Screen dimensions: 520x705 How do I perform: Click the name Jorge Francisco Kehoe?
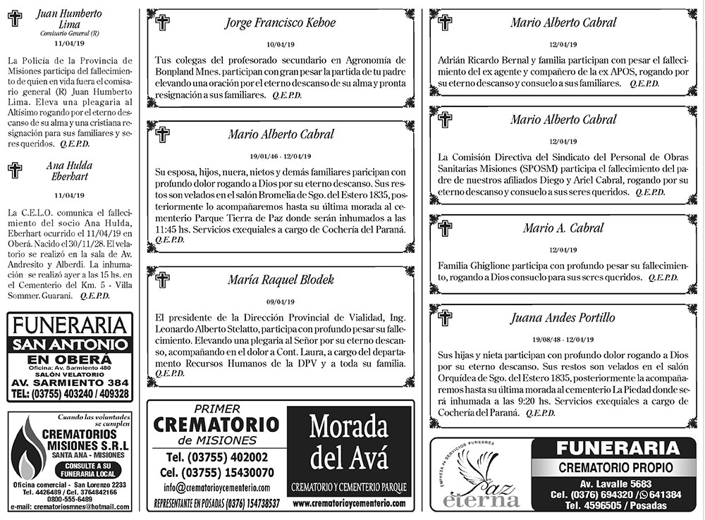[280, 23]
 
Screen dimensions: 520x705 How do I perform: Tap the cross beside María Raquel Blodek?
[163, 280]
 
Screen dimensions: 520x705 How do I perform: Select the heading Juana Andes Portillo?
[563, 318]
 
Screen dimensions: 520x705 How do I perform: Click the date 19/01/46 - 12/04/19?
[281, 155]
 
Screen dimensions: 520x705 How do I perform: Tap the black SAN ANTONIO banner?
[69, 345]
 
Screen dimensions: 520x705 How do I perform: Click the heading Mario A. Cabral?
[563, 228]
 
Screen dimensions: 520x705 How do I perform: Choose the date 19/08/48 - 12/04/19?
[563, 338]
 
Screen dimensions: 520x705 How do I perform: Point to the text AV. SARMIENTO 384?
[69, 383]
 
